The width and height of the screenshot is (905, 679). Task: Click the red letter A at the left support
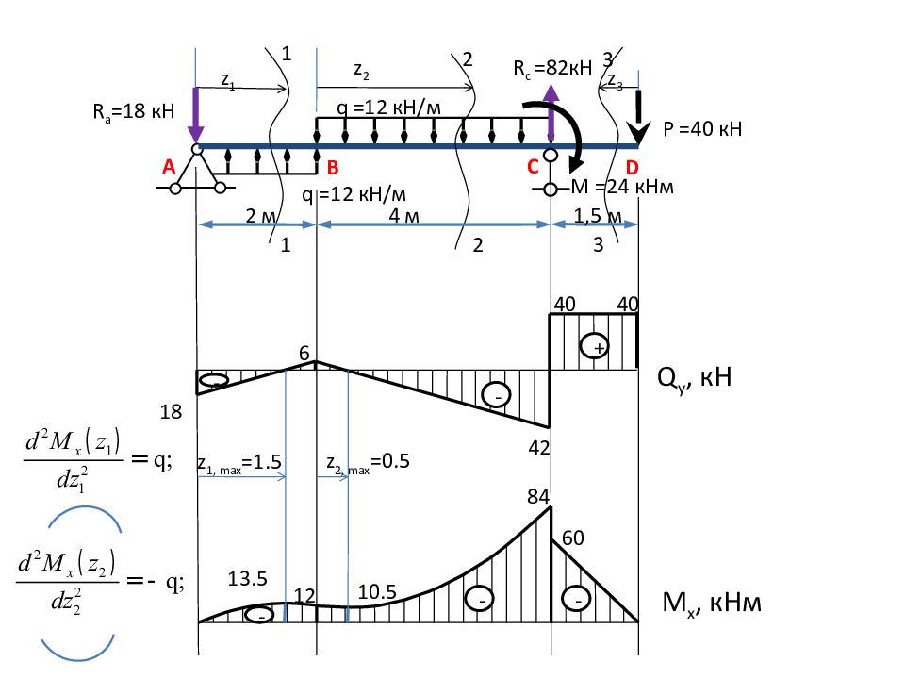tap(169, 167)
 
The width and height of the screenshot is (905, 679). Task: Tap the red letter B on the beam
tap(333, 168)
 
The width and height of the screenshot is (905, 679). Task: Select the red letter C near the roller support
tap(533, 167)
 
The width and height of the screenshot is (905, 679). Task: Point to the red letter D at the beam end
tap(632, 168)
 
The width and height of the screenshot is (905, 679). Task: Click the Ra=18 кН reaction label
tap(133, 111)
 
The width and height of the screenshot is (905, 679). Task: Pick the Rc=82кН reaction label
tap(552, 68)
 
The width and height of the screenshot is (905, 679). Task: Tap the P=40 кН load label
tap(701, 129)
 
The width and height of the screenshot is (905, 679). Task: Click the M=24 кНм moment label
tap(621, 187)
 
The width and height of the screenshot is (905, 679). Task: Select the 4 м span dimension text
tap(403, 215)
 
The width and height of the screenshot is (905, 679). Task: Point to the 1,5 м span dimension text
tap(598, 216)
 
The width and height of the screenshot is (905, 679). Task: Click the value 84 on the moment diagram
tap(538, 496)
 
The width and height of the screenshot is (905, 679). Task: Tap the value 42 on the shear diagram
tap(539, 447)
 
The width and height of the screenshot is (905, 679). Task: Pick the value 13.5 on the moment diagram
tap(247, 578)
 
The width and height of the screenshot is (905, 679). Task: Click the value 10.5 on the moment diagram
tap(377, 592)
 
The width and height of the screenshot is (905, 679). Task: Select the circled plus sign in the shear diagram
tap(594, 347)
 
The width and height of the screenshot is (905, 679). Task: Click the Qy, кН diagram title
tap(695, 378)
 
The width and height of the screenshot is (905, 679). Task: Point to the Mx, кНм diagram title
tap(712, 604)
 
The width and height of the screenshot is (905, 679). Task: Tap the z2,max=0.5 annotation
tap(368, 462)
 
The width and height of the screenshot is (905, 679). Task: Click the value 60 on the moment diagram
tap(572, 538)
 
